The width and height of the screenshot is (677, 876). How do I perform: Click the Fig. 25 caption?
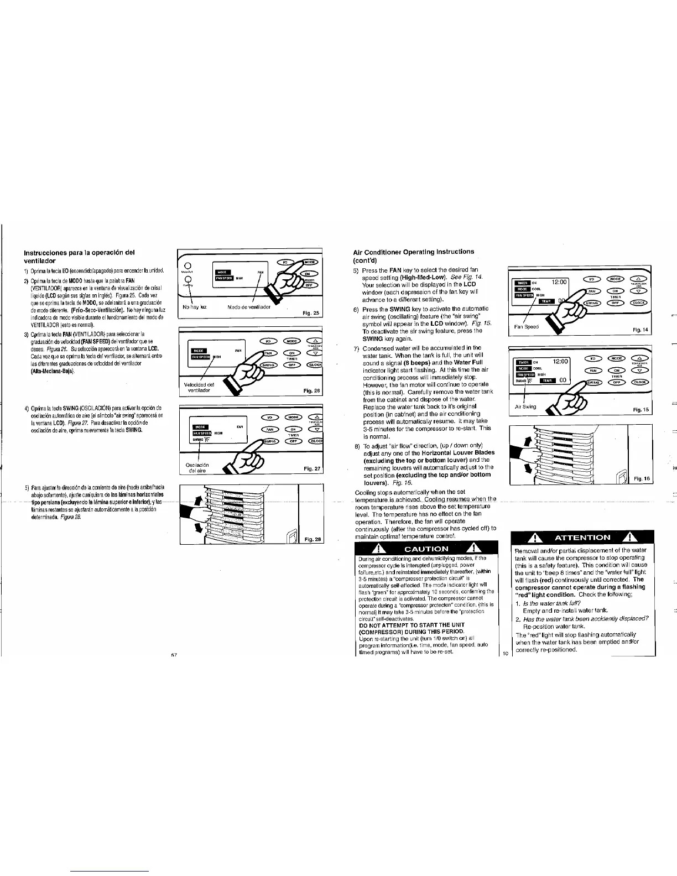point(311,313)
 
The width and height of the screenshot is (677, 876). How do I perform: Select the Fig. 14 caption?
point(641,330)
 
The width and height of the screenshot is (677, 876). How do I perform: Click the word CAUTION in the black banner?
point(426,549)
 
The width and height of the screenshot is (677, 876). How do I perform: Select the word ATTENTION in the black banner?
point(582,537)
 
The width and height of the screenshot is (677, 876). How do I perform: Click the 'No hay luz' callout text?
point(194,306)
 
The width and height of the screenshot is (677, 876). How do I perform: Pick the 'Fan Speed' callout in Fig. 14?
point(526,326)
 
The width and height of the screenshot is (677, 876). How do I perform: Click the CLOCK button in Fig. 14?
point(640,303)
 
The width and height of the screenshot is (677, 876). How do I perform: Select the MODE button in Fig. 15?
point(614,360)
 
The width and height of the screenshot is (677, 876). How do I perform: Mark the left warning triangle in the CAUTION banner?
point(381,549)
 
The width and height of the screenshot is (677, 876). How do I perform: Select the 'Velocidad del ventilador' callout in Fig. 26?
point(199,387)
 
